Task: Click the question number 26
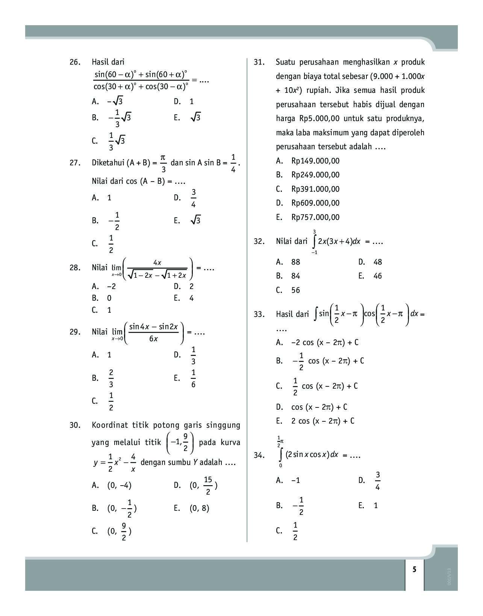(75, 62)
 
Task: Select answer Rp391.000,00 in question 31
(315, 189)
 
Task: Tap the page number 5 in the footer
(414, 569)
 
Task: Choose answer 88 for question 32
(295, 262)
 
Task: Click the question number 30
(75, 425)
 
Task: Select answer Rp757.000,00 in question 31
(315, 217)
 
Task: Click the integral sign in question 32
(314, 241)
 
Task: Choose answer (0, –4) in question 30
(119, 485)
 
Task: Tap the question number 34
(259, 455)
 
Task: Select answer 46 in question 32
(377, 276)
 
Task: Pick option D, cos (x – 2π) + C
(319, 407)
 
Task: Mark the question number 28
(75, 268)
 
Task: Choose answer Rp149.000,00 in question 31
(315, 161)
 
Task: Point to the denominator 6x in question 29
(153, 339)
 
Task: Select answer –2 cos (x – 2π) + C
(324, 342)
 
